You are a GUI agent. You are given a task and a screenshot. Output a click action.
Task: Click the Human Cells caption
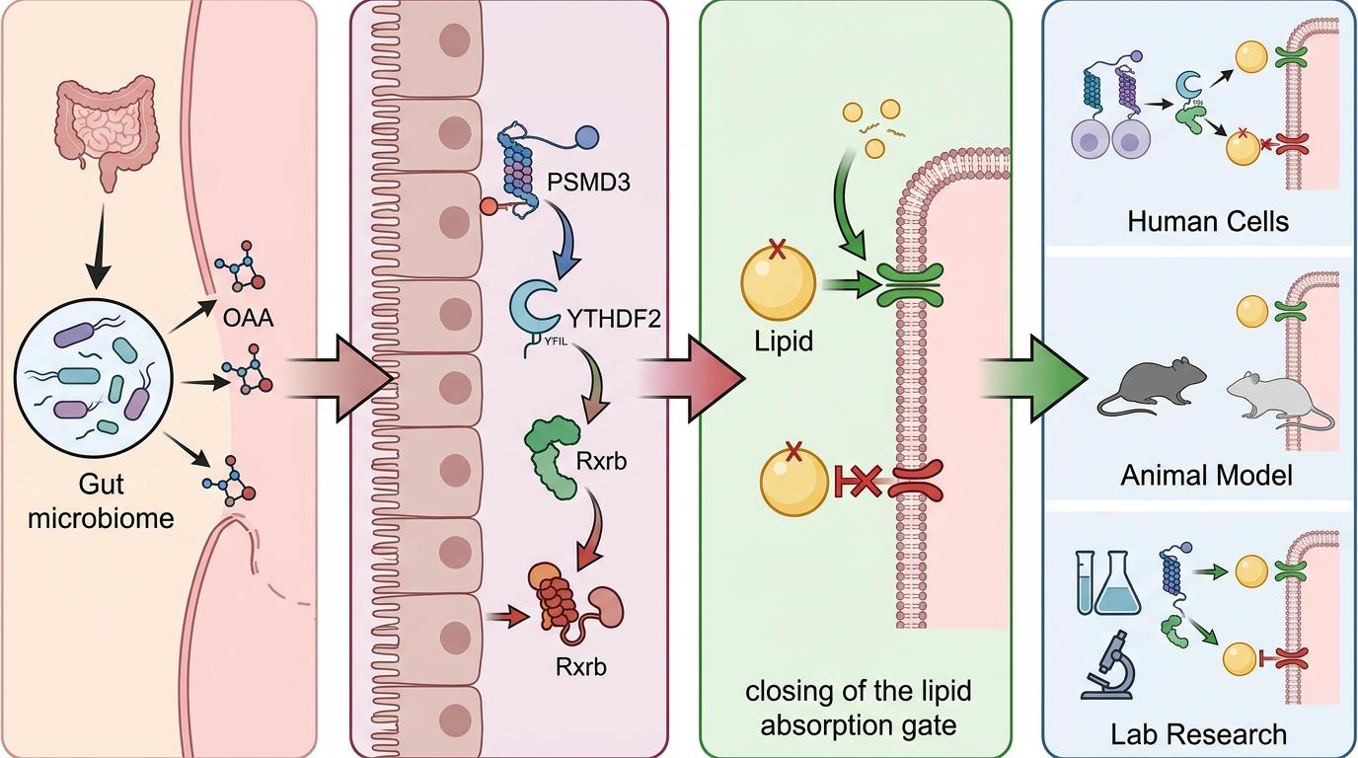tap(1208, 220)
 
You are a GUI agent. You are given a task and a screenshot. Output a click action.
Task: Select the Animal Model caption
tap(1206, 476)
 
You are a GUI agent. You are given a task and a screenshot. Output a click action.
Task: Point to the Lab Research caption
tap(1198, 734)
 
